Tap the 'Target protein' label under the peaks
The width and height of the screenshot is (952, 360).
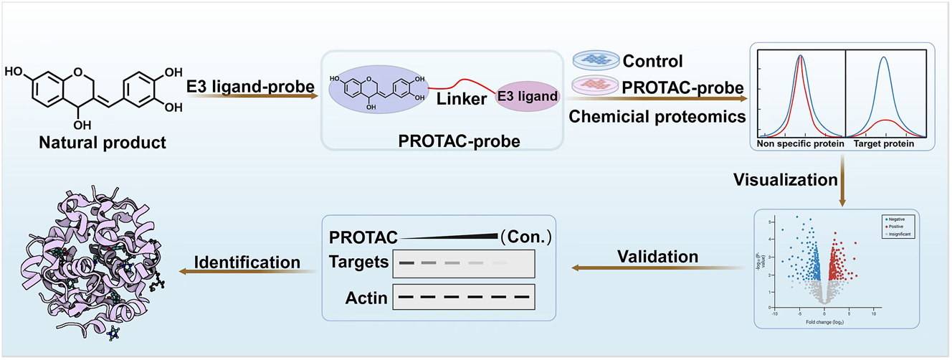(x=884, y=143)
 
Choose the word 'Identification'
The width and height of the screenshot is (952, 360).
(x=249, y=262)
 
